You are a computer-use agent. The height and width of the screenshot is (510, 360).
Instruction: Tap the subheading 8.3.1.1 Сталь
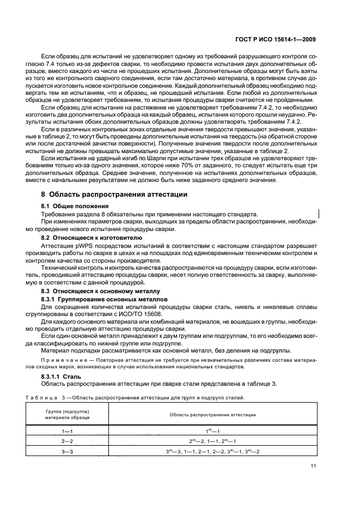pos(61,376)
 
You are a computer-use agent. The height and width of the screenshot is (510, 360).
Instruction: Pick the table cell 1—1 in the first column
pos(67,430)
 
